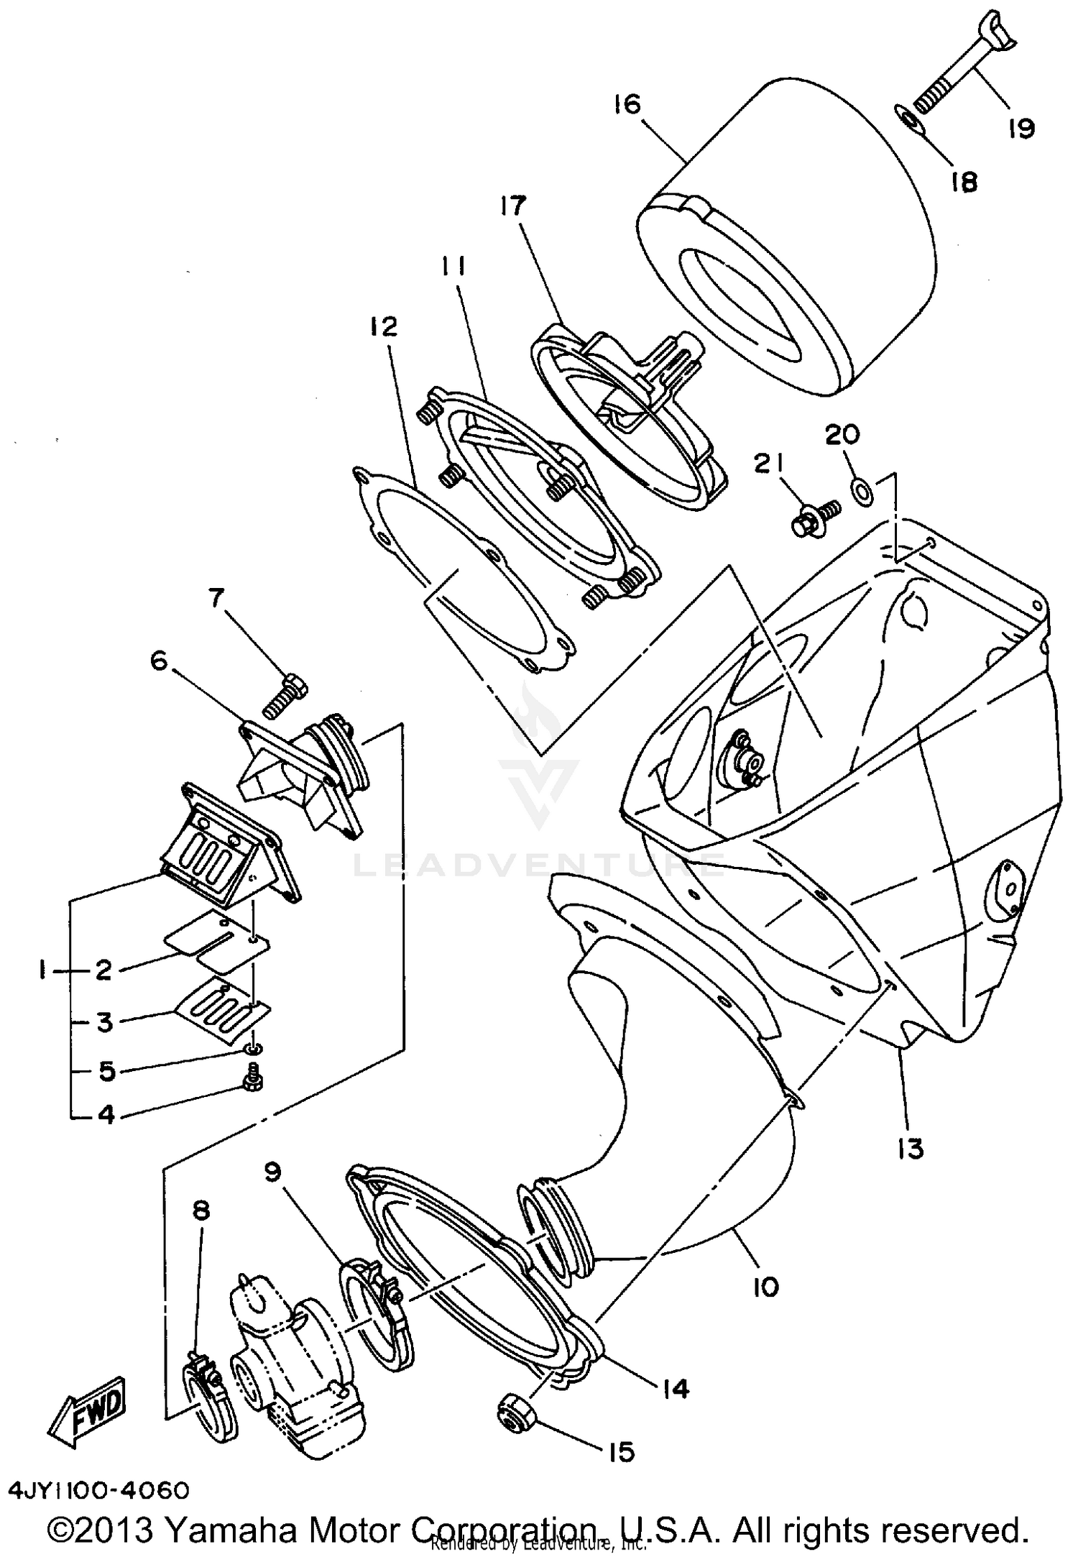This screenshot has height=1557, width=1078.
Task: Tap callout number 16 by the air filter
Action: click(x=627, y=105)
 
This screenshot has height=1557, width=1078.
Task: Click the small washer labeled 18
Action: click(x=908, y=119)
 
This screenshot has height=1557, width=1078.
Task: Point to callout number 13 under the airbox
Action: click(x=911, y=1149)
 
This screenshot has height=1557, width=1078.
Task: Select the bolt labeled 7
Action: click(x=285, y=694)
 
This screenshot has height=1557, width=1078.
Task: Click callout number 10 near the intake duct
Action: click(x=766, y=1287)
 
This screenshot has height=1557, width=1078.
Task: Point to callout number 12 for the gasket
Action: click(x=384, y=327)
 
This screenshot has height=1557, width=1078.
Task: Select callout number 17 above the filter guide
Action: click(x=515, y=207)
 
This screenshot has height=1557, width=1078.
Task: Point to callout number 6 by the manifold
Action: click(x=159, y=661)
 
